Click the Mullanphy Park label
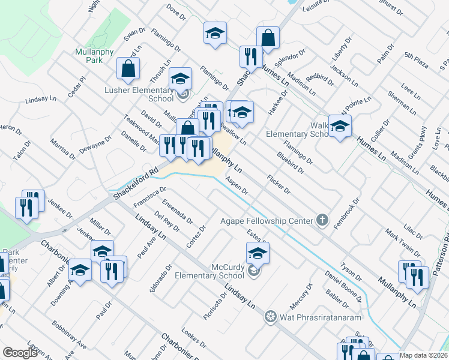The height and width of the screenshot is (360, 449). [95, 56]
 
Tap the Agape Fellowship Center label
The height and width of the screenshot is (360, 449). [267, 221]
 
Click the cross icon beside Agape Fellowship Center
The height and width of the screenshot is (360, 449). [323, 220]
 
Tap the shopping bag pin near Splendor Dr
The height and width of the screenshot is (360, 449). [268, 38]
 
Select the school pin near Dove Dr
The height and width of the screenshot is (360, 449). [214, 34]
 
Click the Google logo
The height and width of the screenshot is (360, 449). [19, 353]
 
